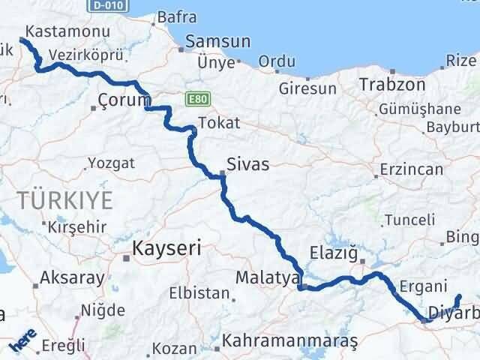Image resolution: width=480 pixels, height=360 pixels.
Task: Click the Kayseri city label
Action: [166, 248]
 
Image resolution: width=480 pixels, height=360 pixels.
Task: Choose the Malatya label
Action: [262, 277]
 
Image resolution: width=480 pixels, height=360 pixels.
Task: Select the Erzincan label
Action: [412, 170]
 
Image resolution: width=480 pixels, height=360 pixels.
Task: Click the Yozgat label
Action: [111, 163]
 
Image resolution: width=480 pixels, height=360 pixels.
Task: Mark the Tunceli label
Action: [409, 220]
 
